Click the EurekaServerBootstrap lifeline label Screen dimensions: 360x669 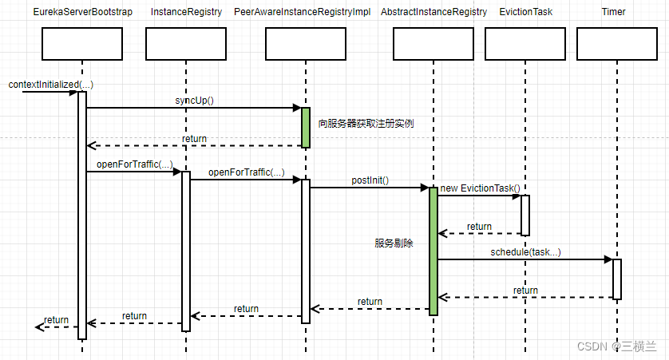(82, 12)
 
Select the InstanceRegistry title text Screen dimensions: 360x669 (185, 12)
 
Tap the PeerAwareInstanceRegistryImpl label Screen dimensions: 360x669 (303, 12)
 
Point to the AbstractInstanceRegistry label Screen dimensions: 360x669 (433, 12)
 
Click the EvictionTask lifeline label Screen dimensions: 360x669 (525, 12)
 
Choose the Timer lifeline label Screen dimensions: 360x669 (614, 12)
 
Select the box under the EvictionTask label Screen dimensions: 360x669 (525, 45)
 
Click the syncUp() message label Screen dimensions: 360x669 (195, 101)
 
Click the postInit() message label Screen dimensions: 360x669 (370, 180)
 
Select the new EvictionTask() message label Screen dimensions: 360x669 (480, 188)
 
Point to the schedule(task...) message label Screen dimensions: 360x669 (525, 252)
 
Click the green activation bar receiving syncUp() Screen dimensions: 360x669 (305, 127)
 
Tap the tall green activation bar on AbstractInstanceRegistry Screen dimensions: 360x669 (433, 251)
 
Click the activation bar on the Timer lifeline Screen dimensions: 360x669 (616, 279)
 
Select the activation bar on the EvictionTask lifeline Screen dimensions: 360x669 (525, 215)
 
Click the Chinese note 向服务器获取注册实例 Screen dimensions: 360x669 (366, 124)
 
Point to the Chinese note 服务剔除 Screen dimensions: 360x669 (394, 243)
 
